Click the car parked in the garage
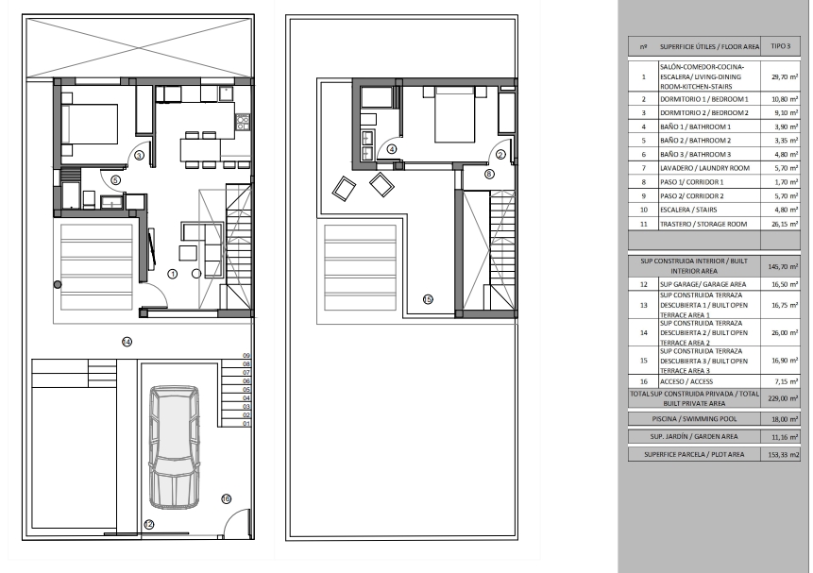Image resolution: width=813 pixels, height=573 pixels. point(174,447)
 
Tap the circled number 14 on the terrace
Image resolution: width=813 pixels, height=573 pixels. point(127,342)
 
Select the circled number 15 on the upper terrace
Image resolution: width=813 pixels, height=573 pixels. point(428,299)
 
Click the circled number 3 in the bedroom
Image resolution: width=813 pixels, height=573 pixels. point(139,155)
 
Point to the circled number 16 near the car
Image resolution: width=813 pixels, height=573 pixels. point(226,498)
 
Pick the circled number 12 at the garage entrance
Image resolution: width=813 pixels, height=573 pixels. point(149,525)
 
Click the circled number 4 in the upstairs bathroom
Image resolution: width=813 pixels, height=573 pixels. point(392,149)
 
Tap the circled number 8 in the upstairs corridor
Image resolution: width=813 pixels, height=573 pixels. point(489,175)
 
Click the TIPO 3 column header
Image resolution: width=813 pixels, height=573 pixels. point(780,46)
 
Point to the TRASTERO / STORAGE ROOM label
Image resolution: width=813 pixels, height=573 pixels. point(703,224)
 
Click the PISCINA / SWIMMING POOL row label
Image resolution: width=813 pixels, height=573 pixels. point(694,419)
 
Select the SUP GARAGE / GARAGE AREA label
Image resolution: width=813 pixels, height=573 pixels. point(703,284)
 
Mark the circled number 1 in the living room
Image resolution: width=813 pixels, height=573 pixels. point(173,274)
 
